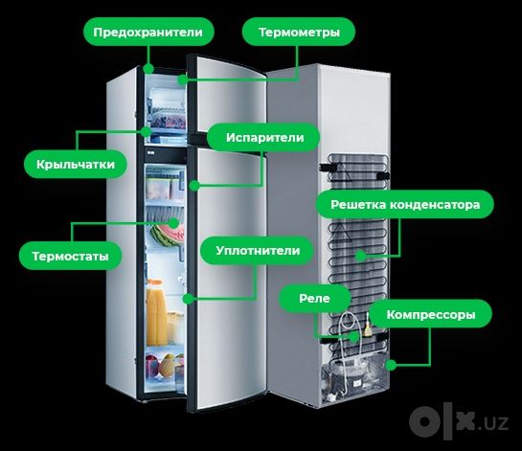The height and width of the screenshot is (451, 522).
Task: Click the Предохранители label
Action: click(148, 32)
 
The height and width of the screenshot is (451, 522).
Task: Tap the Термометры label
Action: click(299, 32)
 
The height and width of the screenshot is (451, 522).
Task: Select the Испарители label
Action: click(263, 138)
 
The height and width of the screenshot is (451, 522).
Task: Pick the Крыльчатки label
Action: click(76, 164)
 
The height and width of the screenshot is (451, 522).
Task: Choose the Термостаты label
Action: click(70, 256)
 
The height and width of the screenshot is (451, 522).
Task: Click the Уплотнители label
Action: click(258, 250)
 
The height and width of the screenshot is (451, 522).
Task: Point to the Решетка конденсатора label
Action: click(405, 204)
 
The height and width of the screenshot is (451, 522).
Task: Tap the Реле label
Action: click(314, 298)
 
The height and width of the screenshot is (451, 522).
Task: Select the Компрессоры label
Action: click(431, 314)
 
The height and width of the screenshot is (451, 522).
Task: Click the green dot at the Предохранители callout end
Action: click(148, 69)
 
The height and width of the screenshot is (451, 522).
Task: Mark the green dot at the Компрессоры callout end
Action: click(391, 365)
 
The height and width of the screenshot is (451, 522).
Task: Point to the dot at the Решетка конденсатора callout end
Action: click(360, 256)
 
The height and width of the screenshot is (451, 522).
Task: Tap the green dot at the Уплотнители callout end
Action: click(189, 299)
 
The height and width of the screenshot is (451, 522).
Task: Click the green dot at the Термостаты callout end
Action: click(173, 223)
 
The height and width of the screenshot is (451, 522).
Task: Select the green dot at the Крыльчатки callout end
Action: click(146, 132)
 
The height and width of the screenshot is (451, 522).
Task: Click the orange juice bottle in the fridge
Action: click(156, 313)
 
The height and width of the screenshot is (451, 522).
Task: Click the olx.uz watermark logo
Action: click(459, 421)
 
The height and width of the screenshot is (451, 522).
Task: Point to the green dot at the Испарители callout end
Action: click(194, 186)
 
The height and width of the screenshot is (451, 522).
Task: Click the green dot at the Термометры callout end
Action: click(182, 79)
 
